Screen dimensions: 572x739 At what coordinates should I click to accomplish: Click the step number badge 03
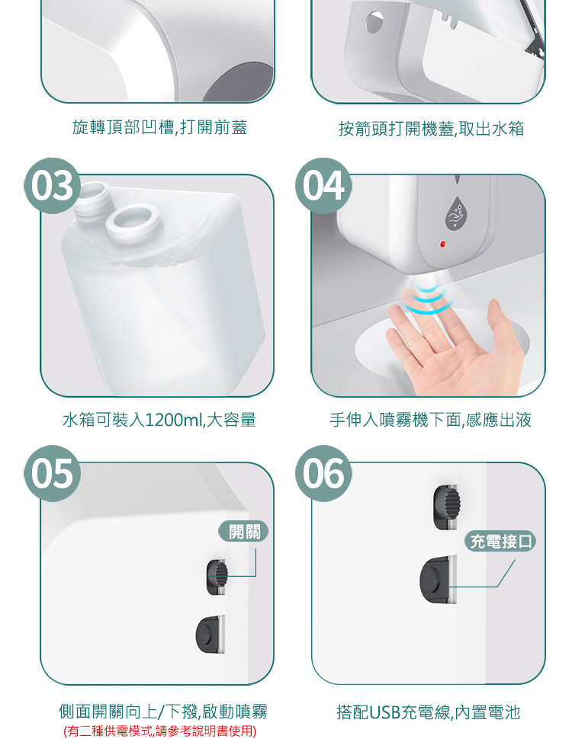click(52, 185)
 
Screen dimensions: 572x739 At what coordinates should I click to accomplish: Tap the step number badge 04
click(323, 185)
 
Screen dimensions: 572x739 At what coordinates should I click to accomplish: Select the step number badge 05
click(52, 473)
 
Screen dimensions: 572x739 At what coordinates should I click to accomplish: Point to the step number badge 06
click(323, 473)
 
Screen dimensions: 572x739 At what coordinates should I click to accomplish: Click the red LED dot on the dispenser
click(442, 244)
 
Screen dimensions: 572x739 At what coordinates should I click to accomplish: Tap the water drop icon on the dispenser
click(456, 213)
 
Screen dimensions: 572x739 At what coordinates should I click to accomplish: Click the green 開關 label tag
click(243, 531)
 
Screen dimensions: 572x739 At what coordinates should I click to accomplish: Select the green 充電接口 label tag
click(500, 541)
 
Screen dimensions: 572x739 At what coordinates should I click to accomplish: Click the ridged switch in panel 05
click(217, 577)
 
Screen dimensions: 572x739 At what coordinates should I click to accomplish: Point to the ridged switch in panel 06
click(446, 507)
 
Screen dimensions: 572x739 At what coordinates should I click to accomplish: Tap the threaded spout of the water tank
click(94, 198)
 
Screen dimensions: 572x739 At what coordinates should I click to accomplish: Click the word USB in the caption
click(384, 712)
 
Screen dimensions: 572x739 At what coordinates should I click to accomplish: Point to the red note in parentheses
click(159, 731)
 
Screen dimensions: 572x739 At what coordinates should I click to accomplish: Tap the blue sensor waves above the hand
click(426, 298)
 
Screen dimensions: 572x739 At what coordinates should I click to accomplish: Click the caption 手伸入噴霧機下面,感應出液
click(430, 420)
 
